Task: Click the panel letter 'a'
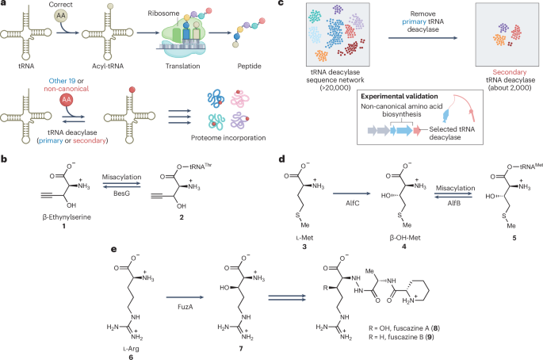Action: [5, 5]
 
